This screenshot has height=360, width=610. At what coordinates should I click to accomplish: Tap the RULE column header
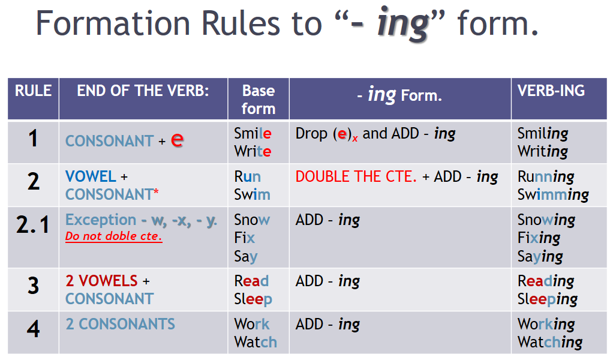tap(33, 91)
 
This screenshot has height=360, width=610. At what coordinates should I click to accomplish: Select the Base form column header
tap(259, 100)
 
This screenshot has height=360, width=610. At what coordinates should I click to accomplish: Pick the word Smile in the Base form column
tap(253, 134)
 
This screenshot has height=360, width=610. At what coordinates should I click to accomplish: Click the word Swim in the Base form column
tap(252, 194)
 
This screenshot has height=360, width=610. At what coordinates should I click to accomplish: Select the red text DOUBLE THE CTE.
tap(356, 177)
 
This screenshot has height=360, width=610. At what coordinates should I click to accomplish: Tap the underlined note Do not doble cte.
tap(114, 236)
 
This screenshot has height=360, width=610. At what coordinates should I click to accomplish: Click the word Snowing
tap(546, 220)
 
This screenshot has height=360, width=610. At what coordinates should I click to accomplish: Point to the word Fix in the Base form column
tap(245, 238)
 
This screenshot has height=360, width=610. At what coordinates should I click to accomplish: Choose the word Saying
tap(540, 257)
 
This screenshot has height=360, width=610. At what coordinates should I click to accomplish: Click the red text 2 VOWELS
tap(101, 281)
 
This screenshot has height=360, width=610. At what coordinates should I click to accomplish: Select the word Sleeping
tap(547, 299)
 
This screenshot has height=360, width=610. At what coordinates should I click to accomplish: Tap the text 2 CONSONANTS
tap(120, 324)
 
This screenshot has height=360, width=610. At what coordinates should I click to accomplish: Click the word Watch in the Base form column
tap(256, 343)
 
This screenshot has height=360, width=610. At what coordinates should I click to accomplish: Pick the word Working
tap(546, 325)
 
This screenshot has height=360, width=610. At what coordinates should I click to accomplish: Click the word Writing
tap(542, 152)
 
